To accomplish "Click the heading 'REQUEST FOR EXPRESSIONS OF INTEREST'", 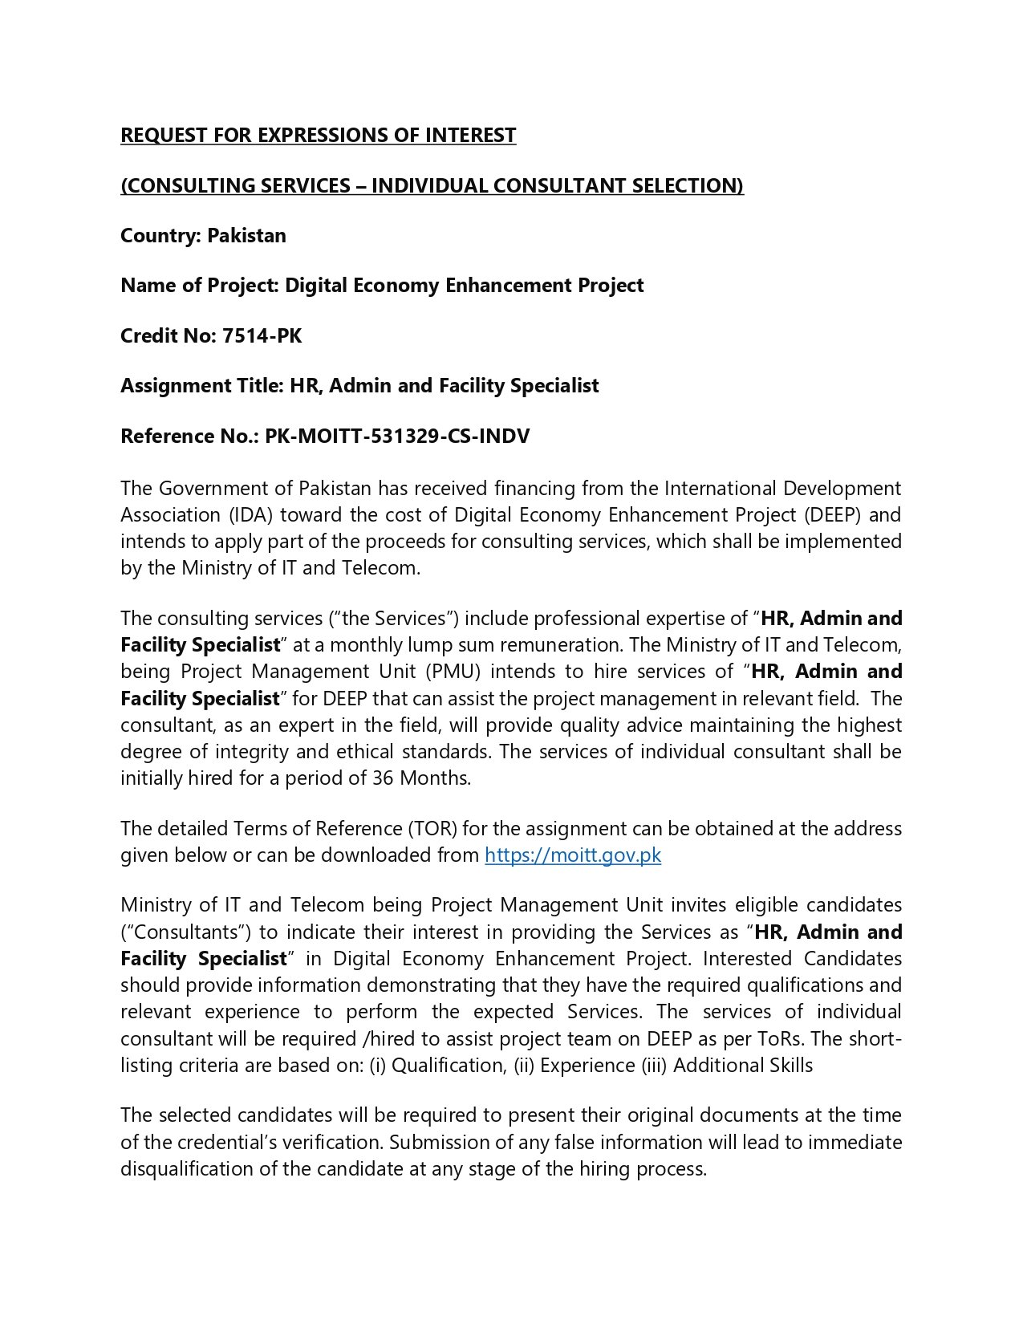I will (318, 135).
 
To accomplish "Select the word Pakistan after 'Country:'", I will (246, 235).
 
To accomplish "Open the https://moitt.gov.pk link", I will (573, 855).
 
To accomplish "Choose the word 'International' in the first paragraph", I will (721, 488).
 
